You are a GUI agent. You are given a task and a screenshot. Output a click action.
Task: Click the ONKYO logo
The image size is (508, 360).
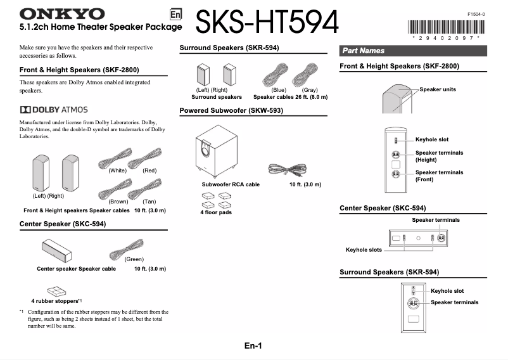click(x=62, y=13)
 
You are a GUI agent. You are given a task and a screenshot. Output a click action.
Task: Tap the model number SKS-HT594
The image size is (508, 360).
click(x=267, y=23)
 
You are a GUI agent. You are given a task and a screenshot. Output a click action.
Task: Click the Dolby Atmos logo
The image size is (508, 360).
click(x=54, y=110)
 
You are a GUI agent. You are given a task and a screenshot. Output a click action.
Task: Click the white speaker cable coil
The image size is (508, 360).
click(x=115, y=158)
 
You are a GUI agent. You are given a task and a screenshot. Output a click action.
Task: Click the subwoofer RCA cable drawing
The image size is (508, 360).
click(x=288, y=169)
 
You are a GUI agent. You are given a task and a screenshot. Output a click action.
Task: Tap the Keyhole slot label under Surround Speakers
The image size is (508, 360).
click(x=448, y=291)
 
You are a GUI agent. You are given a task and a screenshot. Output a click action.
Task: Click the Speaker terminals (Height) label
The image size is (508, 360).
click(x=439, y=156)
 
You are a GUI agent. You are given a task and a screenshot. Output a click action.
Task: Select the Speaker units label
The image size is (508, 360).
click(x=438, y=90)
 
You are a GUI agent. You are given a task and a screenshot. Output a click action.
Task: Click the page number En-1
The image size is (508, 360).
click(x=253, y=346)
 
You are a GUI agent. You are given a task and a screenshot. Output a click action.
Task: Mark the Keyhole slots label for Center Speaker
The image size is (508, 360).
click(x=364, y=250)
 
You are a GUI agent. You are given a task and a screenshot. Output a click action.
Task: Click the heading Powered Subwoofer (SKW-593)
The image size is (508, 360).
click(x=231, y=110)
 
